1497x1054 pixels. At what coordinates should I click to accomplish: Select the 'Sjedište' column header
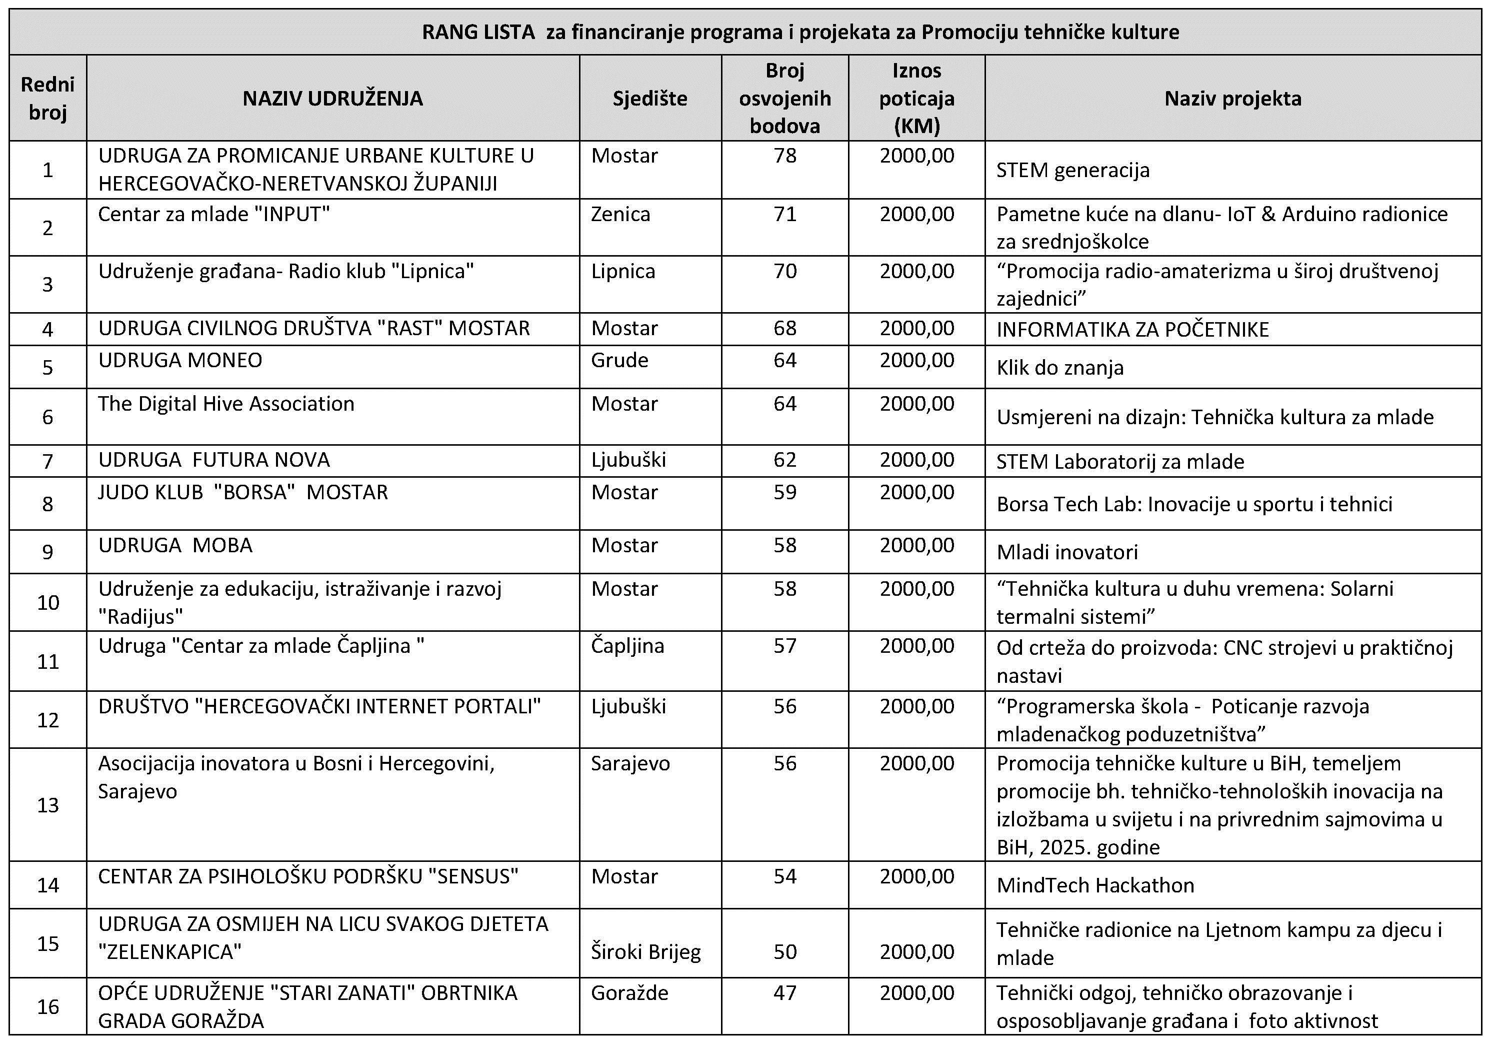click(649, 99)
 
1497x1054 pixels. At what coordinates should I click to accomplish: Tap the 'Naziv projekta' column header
click(1232, 99)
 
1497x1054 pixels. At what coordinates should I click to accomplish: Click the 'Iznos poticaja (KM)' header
click(916, 98)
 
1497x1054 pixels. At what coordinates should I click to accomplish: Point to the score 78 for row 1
click(784, 156)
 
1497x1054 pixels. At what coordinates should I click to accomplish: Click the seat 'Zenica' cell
click(620, 215)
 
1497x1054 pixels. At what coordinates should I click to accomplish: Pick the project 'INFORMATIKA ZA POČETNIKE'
click(1132, 329)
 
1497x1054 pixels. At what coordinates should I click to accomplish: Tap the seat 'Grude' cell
click(619, 360)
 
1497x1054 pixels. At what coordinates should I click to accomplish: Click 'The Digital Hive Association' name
click(226, 404)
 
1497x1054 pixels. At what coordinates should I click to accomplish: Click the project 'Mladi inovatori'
click(1066, 552)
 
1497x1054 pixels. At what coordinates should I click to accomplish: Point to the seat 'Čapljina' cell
click(627, 646)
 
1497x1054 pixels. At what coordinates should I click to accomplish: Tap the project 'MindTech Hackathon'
click(1095, 885)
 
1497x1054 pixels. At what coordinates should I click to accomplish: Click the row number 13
click(47, 805)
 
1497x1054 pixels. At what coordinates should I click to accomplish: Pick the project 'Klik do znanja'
click(1059, 368)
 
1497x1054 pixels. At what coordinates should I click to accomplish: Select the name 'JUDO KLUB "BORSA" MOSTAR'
click(242, 492)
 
